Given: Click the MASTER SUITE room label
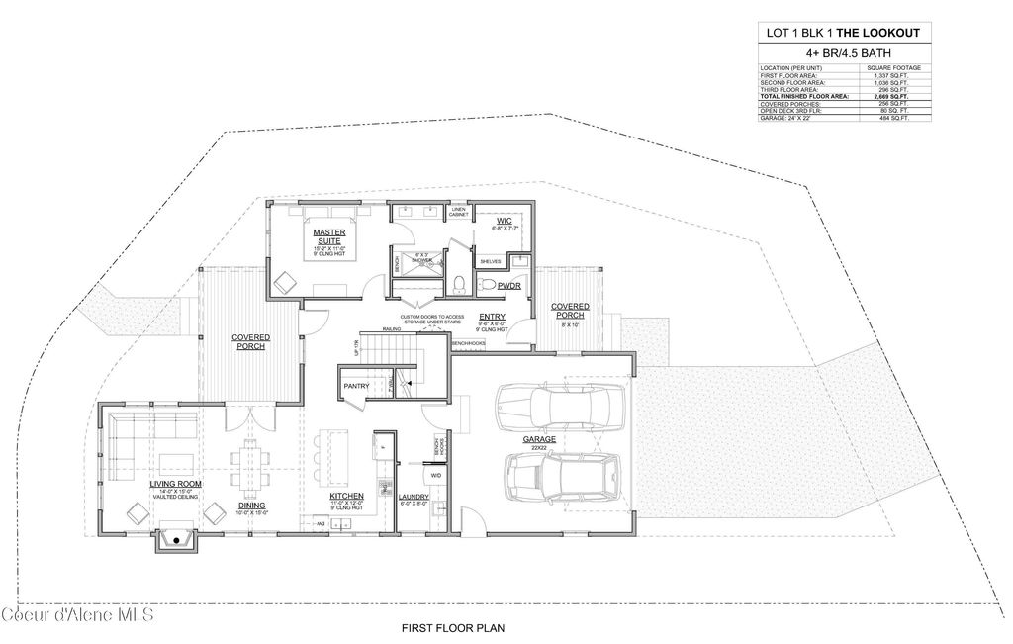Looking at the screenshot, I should click(x=328, y=235).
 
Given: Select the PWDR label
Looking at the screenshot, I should click(x=509, y=285).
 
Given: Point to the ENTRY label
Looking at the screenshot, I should click(x=492, y=316).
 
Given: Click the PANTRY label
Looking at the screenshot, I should click(x=355, y=385).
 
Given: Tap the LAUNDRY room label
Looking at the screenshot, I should click(x=414, y=496).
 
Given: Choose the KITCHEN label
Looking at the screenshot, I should click(x=347, y=495).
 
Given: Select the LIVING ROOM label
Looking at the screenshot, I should click(x=175, y=483).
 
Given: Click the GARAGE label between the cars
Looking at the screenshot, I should click(x=540, y=438).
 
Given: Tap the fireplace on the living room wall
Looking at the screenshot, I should click(x=176, y=540).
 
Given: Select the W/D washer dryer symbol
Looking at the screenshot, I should click(x=436, y=475).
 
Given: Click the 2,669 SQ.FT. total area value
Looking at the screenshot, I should click(x=892, y=96).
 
